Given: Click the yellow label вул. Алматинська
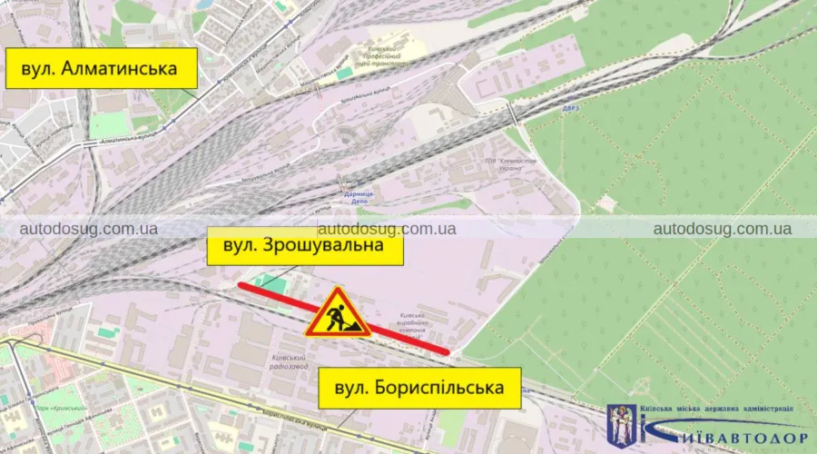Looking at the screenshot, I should (x=102, y=67).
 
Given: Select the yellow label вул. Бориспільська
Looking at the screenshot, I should (x=418, y=388).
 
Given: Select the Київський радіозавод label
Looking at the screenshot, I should (x=291, y=362).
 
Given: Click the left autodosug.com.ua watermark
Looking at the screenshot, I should (x=89, y=228).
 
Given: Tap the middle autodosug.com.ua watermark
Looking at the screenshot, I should (x=387, y=228).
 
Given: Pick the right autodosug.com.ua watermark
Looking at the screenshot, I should (x=722, y=228).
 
